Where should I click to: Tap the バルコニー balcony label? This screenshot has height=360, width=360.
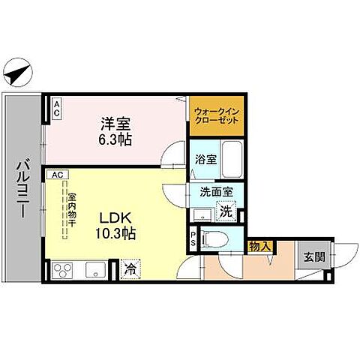click(x=22, y=187)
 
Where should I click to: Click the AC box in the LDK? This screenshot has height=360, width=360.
click(x=58, y=175)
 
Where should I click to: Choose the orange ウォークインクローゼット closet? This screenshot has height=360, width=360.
click(x=216, y=118)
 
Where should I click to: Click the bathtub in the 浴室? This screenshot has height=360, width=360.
click(x=228, y=159)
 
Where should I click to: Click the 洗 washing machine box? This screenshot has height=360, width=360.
click(x=225, y=212)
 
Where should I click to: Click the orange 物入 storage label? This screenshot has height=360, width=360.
click(x=259, y=246)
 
